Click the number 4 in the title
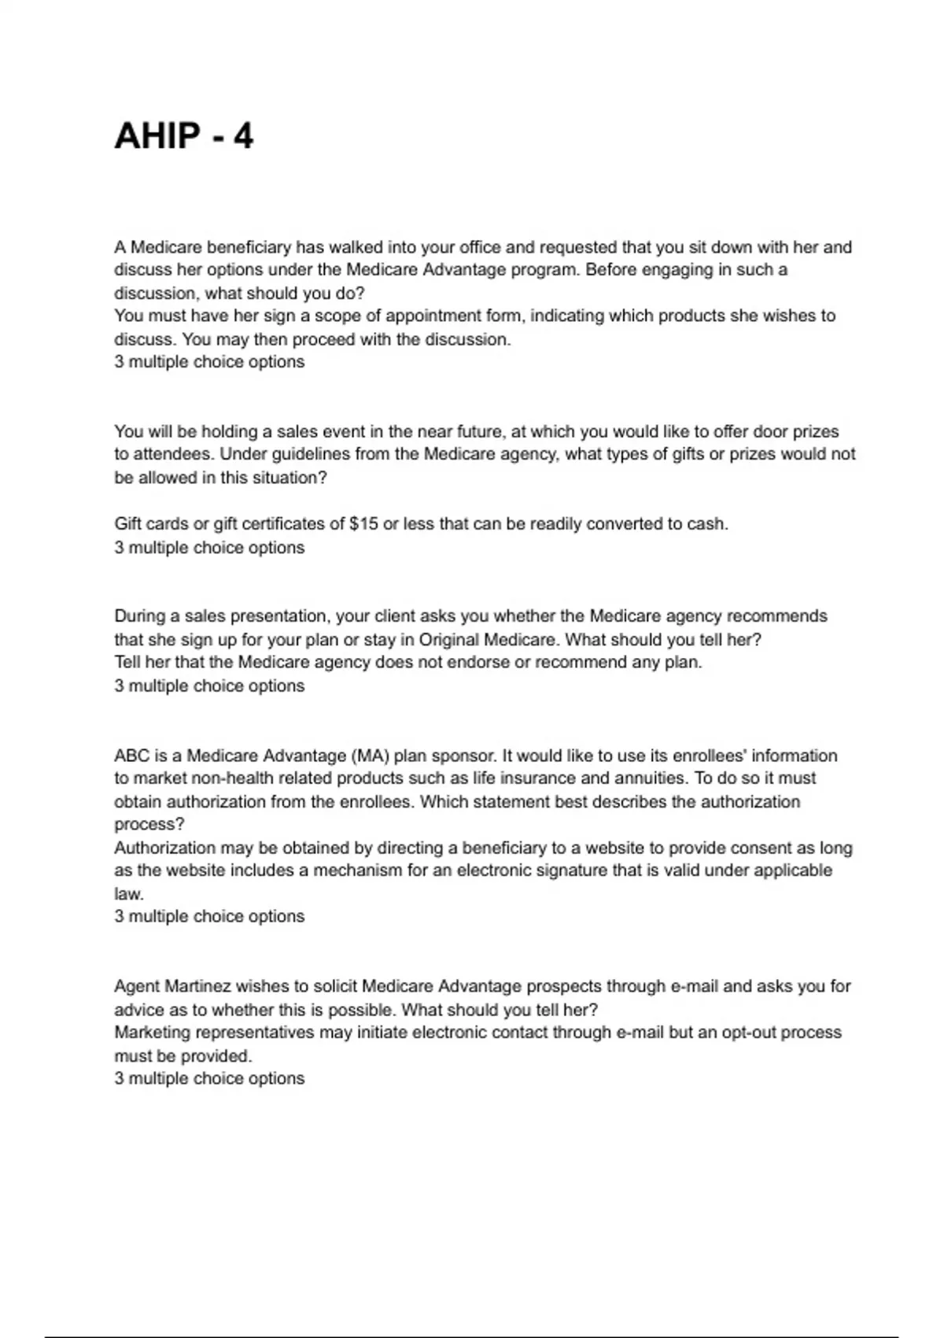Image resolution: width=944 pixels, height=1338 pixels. (243, 136)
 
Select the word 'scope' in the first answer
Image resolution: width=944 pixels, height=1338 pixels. (336, 316)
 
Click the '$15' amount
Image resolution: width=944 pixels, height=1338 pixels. (363, 524)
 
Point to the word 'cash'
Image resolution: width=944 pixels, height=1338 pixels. (707, 524)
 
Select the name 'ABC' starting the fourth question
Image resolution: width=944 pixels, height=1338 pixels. (131, 756)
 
